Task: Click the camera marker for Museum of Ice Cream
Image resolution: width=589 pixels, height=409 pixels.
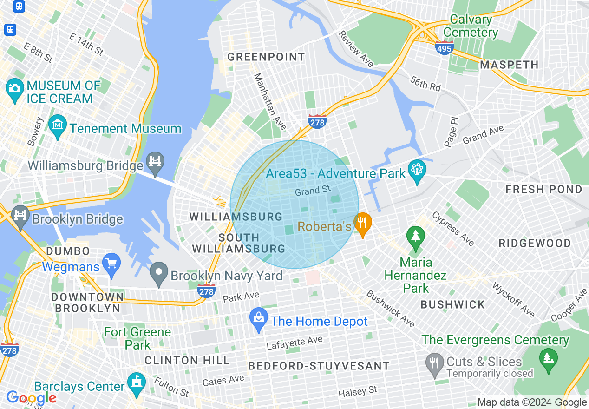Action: point(14,88)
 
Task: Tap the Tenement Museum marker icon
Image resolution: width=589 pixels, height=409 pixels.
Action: point(58,125)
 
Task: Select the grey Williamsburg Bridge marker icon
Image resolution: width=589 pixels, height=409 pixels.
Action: point(155,161)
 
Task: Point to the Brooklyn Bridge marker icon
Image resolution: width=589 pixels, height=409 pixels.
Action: point(20,215)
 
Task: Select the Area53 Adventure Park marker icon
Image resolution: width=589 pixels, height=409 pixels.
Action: point(417,170)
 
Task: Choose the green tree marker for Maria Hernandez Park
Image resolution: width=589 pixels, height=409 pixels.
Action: point(415,236)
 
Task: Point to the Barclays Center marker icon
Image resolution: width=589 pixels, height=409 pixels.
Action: point(137,383)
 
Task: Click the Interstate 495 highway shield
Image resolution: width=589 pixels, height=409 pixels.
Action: point(445,47)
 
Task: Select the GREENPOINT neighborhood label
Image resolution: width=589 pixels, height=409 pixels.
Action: point(266,57)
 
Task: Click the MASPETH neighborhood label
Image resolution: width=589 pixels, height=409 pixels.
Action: point(509,65)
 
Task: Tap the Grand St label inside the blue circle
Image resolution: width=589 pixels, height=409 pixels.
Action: point(313,191)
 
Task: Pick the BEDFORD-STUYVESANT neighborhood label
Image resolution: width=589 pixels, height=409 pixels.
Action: point(319,366)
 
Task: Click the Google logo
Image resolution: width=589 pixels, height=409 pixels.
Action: point(31,398)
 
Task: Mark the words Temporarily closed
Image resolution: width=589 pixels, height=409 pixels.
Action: point(490,373)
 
